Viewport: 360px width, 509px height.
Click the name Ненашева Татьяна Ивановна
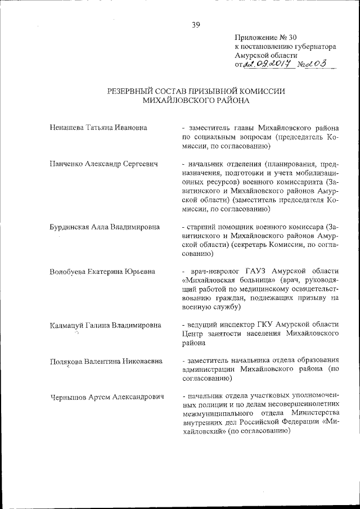pyautogui.click(x=98, y=128)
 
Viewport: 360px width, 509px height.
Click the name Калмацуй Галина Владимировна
pyautogui.click(x=105, y=325)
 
